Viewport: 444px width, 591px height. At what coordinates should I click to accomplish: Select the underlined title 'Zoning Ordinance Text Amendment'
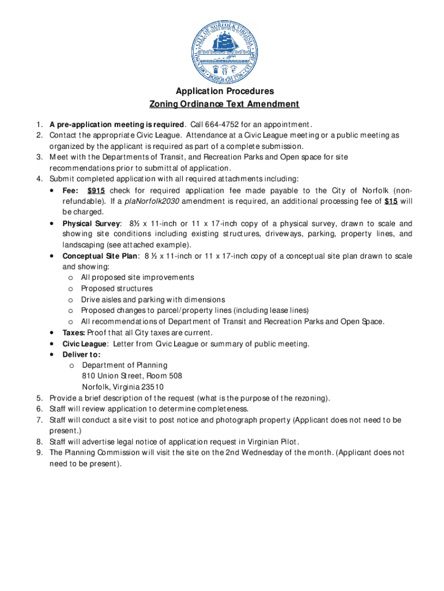coord(224,104)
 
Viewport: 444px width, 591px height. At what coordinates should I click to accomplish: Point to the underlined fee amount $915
coord(96,191)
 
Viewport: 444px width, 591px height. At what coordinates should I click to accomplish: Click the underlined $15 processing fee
coord(391,201)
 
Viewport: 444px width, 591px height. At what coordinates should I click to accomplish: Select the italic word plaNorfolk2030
coord(151,201)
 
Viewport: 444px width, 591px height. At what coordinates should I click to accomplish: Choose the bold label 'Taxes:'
coord(74,333)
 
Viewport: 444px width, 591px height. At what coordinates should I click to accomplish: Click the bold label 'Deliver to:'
coord(81,354)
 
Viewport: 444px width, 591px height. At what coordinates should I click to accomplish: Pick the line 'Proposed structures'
coord(117,289)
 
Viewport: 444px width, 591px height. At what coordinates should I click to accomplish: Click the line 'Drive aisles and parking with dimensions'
coord(153,300)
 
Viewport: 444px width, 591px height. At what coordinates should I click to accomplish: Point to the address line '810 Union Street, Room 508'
coord(132,376)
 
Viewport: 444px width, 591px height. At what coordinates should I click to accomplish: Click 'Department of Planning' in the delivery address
coord(125,365)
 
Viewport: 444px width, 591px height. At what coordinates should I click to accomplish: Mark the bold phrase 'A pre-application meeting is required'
coord(117,124)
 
